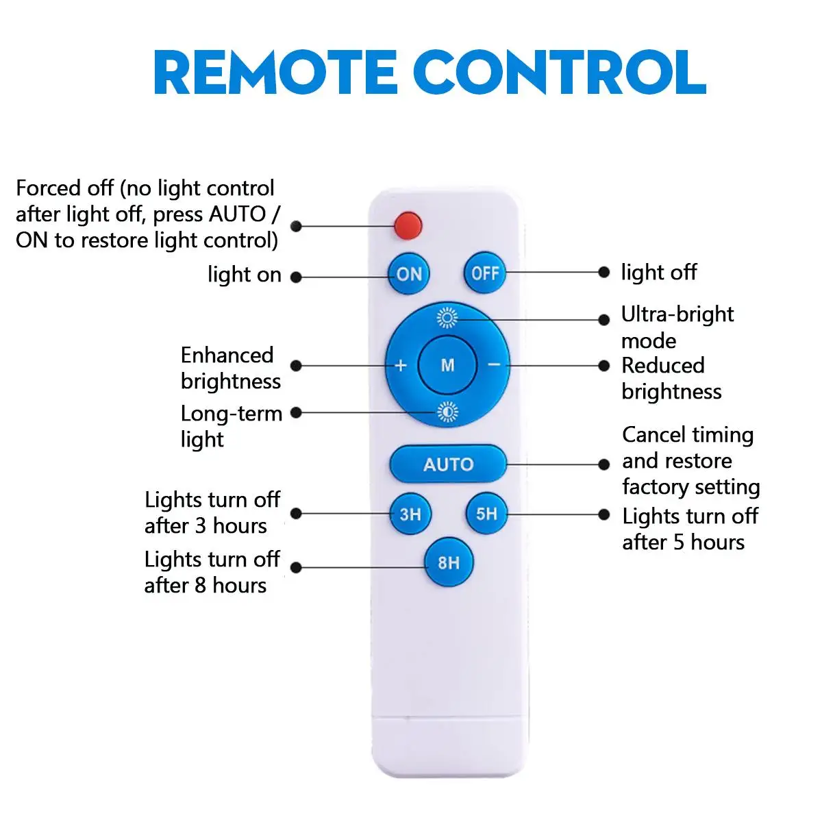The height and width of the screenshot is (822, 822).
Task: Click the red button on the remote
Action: point(408,225)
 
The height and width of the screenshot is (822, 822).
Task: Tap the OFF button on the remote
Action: point(484,273)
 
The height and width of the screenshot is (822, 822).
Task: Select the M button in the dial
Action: point(447,364)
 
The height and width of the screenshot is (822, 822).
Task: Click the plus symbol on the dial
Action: point(400,366)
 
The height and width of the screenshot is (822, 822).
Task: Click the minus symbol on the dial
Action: point(493,364)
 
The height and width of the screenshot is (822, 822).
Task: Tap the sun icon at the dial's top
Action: point(447,318)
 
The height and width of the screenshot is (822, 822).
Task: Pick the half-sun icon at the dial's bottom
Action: point(447,412)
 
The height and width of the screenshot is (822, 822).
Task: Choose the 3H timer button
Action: point(410,514)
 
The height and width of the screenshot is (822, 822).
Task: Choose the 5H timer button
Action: point(486,514)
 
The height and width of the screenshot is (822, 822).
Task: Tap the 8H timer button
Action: point(448,562)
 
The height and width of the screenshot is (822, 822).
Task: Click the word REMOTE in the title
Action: point(275,72)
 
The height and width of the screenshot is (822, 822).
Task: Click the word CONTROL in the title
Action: point(560,72)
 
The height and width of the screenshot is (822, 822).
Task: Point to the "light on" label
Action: point(245,274)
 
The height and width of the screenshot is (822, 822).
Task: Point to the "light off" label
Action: point(658,272)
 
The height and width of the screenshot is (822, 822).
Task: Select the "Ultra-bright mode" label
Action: point(677,327)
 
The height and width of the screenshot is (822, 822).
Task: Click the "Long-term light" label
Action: point(232,426)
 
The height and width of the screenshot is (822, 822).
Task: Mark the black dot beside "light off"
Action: point(603,272)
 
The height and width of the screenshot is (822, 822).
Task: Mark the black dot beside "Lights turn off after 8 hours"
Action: point(296,567)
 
